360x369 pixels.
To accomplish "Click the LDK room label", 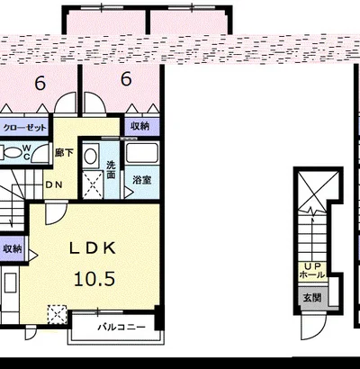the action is (x=93, y=248).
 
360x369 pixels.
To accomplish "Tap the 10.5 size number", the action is (x=94, y=279).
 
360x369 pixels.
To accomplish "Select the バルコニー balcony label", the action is (x=121, y=327).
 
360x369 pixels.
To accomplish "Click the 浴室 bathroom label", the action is (x=142, y=180).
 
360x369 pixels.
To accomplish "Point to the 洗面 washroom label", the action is (x=111, y=170).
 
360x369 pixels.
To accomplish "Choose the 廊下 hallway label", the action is (x=64, y=153).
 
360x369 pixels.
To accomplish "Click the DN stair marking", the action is (x=54, y=184).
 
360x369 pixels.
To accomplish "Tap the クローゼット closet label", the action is (x=25, y=128).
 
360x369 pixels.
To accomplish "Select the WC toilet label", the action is (x=26, y=152).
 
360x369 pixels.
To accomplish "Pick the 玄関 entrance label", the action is (x=312, y=298).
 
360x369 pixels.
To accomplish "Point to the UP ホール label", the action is (x=312, y=271).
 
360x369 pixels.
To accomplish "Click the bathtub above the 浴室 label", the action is (x=142, y=153).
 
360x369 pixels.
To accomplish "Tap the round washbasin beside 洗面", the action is (x=90, y=156).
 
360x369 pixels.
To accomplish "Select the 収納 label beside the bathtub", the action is (x=140, y=126).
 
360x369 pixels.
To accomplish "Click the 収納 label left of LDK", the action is (x=13, y=248).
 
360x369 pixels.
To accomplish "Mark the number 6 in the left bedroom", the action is (x=40, y=84).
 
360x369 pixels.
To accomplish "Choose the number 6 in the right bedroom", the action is (x=126, y=79).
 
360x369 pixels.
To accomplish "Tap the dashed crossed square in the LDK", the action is (x=58, y=314).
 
